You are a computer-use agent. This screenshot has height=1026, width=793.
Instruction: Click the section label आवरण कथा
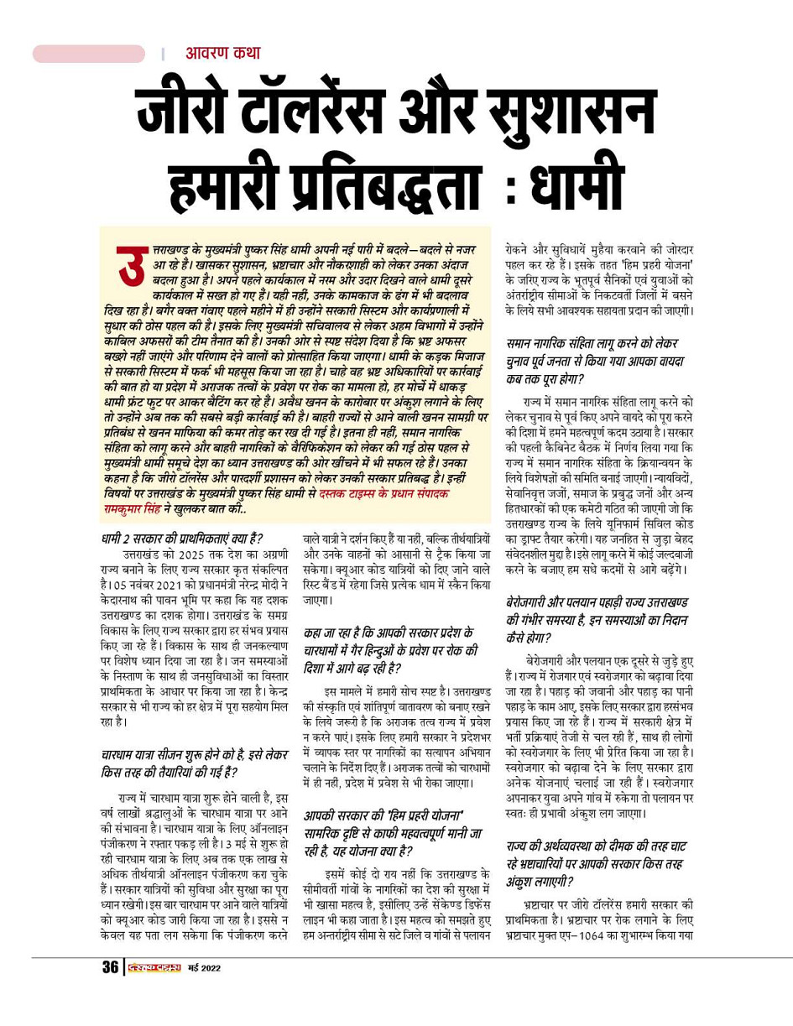pyautogui.click(x=222, y=54)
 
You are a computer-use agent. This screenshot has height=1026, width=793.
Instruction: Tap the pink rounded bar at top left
pyautogui.click(x=88, y=54)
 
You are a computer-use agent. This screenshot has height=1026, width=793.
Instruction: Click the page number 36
pyautogui.click(x=110, y=967)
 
